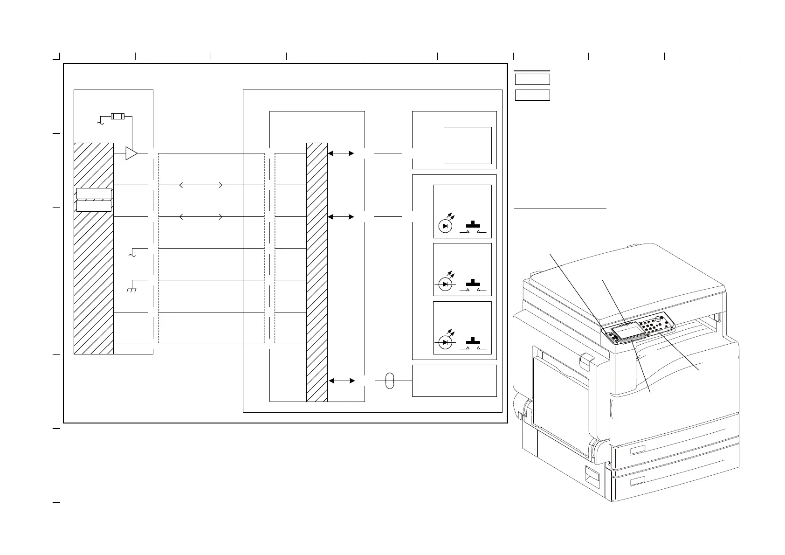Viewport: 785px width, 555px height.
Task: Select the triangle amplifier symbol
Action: (131, 153)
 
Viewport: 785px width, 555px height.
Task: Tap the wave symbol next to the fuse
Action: (100, 123)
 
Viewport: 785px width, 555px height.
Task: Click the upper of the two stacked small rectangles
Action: (94, 194)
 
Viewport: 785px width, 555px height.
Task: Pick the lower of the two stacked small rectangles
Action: (94, 206)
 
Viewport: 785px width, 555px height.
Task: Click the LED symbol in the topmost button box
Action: (446, 226)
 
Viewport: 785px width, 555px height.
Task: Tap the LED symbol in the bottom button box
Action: (446, 342)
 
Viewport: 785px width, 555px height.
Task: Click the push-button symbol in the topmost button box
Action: (473, 226)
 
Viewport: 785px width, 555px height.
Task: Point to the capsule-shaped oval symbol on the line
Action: (390, 381)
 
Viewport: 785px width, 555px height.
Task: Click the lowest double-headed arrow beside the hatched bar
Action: (341, 381)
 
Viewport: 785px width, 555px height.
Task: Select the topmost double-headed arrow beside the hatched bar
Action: (341, 153)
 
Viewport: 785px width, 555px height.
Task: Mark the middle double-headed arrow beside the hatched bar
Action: (341, 217)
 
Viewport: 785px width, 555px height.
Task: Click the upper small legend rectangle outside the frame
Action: (532, 79)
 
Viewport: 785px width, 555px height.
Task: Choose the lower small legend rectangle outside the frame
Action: (532, 95)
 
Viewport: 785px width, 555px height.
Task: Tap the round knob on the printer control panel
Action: (658, 319)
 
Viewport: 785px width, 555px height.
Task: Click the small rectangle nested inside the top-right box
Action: (468, 145)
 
